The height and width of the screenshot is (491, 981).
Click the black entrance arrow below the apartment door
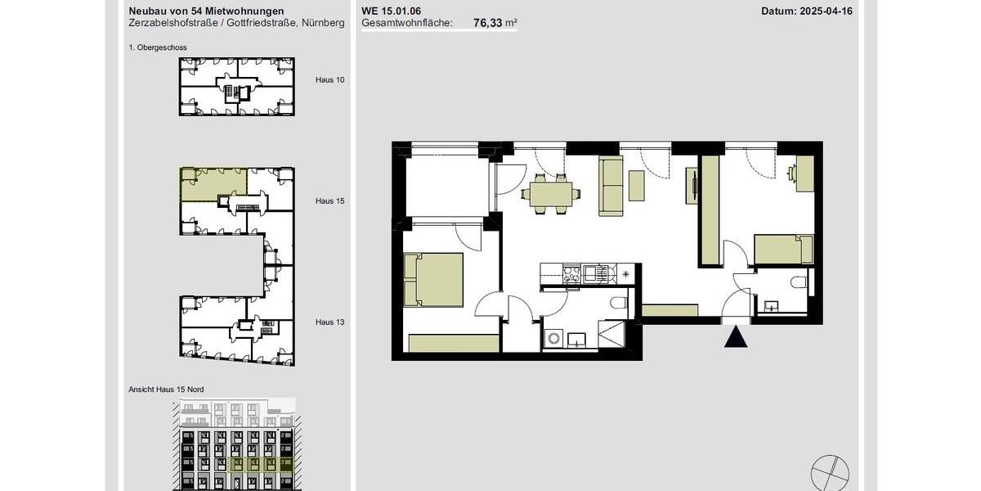click(736, 336)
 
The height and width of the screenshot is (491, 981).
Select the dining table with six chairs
click(553, 194)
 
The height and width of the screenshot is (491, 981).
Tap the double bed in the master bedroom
click(433, 279)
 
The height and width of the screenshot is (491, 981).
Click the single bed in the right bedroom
click(783, 249)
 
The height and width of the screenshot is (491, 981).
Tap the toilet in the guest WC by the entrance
click(798, 282)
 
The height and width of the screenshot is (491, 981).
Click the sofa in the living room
click(611, 186)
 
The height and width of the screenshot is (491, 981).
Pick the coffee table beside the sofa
click(637, 186)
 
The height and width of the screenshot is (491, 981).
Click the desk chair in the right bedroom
click(791, 173)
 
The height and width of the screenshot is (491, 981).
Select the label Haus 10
click(329, 80)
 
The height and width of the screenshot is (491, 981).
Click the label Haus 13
click(329, 322)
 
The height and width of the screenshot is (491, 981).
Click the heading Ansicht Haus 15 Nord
click(166, 389)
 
